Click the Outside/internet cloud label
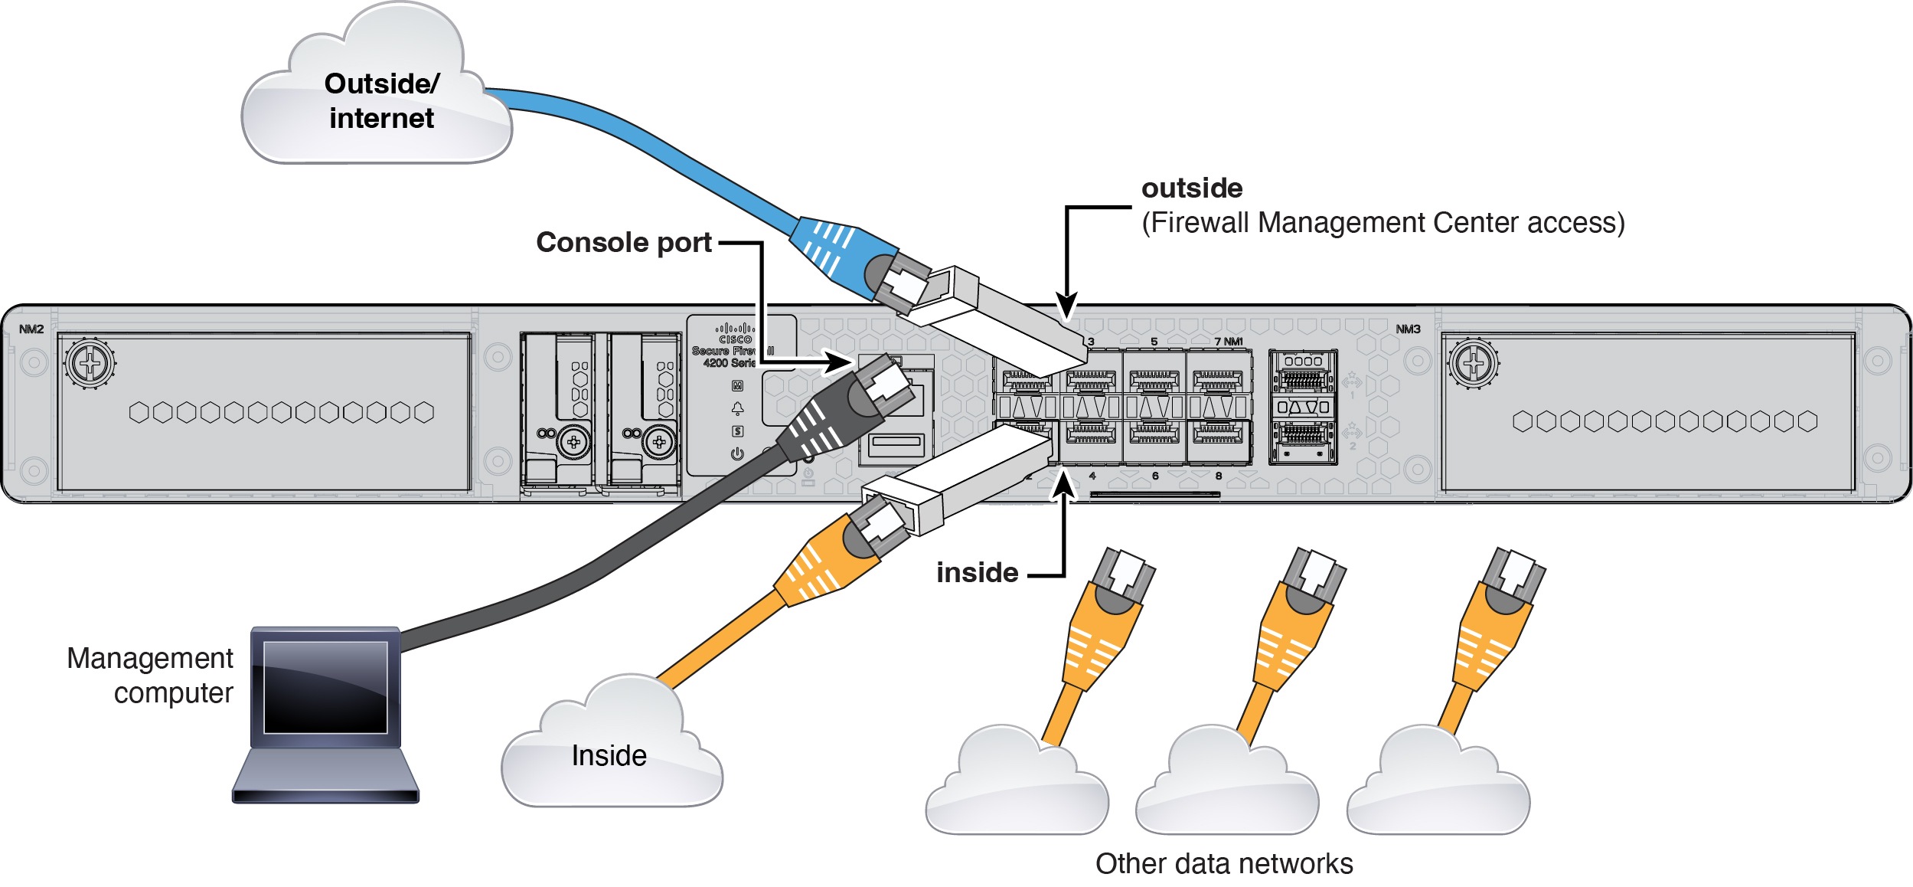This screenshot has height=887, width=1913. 381,101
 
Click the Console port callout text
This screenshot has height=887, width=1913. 624,243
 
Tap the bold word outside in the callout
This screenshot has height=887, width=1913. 1191,188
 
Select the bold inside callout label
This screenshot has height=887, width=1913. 977,573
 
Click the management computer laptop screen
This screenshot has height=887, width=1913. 325,687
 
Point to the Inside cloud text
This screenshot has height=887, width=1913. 609,756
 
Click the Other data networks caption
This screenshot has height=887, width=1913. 1223,864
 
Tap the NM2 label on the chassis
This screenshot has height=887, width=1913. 31,329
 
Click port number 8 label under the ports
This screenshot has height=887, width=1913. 1218,476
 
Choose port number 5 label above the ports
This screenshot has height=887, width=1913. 1154,342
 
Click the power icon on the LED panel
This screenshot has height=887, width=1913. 737,453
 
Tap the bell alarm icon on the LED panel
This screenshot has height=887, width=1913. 737,407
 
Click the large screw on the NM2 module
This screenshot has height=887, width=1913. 90,363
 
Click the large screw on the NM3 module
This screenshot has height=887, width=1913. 1473,363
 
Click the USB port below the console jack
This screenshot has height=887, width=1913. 896,441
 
